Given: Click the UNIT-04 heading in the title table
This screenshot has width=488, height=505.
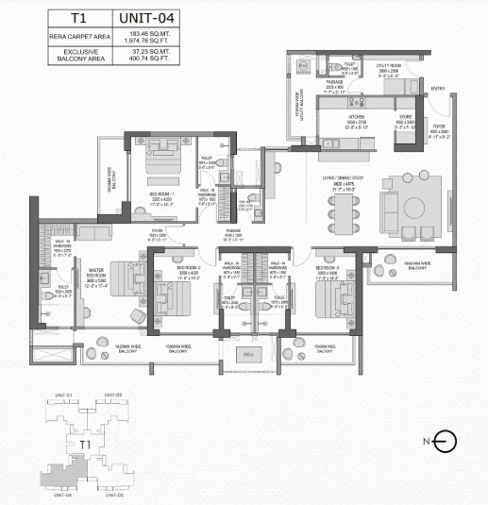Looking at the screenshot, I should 141,17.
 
